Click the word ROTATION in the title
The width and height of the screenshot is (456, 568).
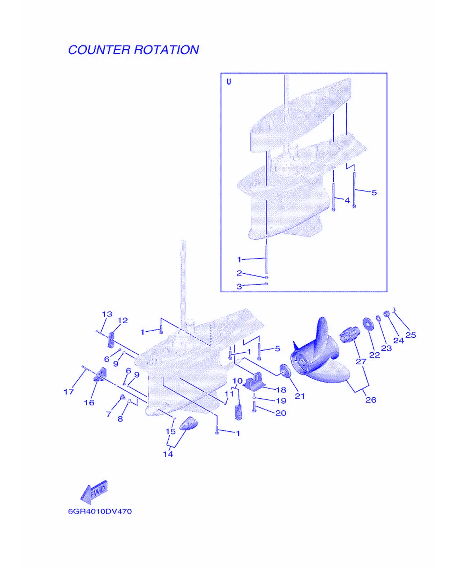167,50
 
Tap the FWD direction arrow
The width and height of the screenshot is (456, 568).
94,492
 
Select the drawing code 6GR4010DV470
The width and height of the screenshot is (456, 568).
100,511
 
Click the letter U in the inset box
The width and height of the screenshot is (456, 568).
229,81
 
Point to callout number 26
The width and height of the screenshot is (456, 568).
370,400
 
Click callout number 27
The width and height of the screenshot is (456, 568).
361,361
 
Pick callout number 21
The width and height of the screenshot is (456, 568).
299,396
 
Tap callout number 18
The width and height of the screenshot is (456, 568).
281,390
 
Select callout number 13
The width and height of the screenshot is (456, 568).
107,314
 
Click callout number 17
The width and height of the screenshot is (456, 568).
69,391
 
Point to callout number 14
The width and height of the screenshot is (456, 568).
168,454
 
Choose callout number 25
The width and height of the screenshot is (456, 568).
410,335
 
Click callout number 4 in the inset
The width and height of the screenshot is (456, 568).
347,200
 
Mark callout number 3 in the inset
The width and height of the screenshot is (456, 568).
239,286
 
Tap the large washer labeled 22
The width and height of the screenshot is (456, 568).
368,323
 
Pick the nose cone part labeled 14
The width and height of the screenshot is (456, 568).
188,423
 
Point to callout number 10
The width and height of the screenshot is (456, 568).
237,381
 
